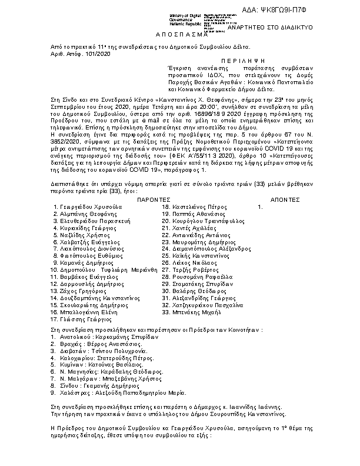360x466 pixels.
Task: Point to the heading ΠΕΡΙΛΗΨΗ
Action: pyautogui.click(x=241, y=61)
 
